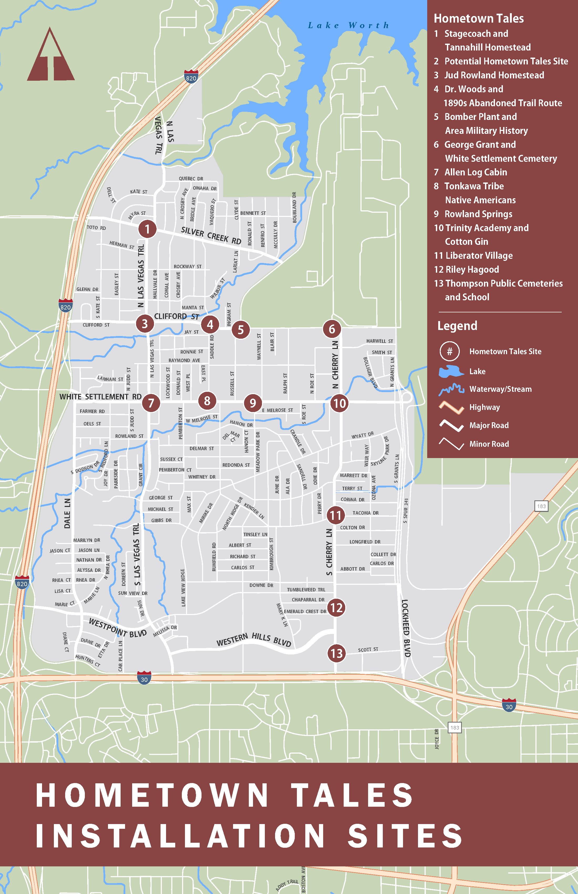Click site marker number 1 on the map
point(147,229)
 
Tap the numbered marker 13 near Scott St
point(336,653)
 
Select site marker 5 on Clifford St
point(241,329)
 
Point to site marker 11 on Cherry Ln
point(336,515)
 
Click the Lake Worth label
point(348,25)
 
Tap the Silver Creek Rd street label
point(211,236)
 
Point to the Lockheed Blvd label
point(406,628)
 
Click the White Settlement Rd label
point(101,397)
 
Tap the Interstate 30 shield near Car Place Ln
point(144,677)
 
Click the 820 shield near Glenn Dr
point(66,305)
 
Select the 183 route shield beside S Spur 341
point(541,506)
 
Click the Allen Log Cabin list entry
point(476,172)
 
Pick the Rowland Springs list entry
point(478,214)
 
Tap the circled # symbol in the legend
point(450,351)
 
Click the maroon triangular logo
point(51,56)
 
